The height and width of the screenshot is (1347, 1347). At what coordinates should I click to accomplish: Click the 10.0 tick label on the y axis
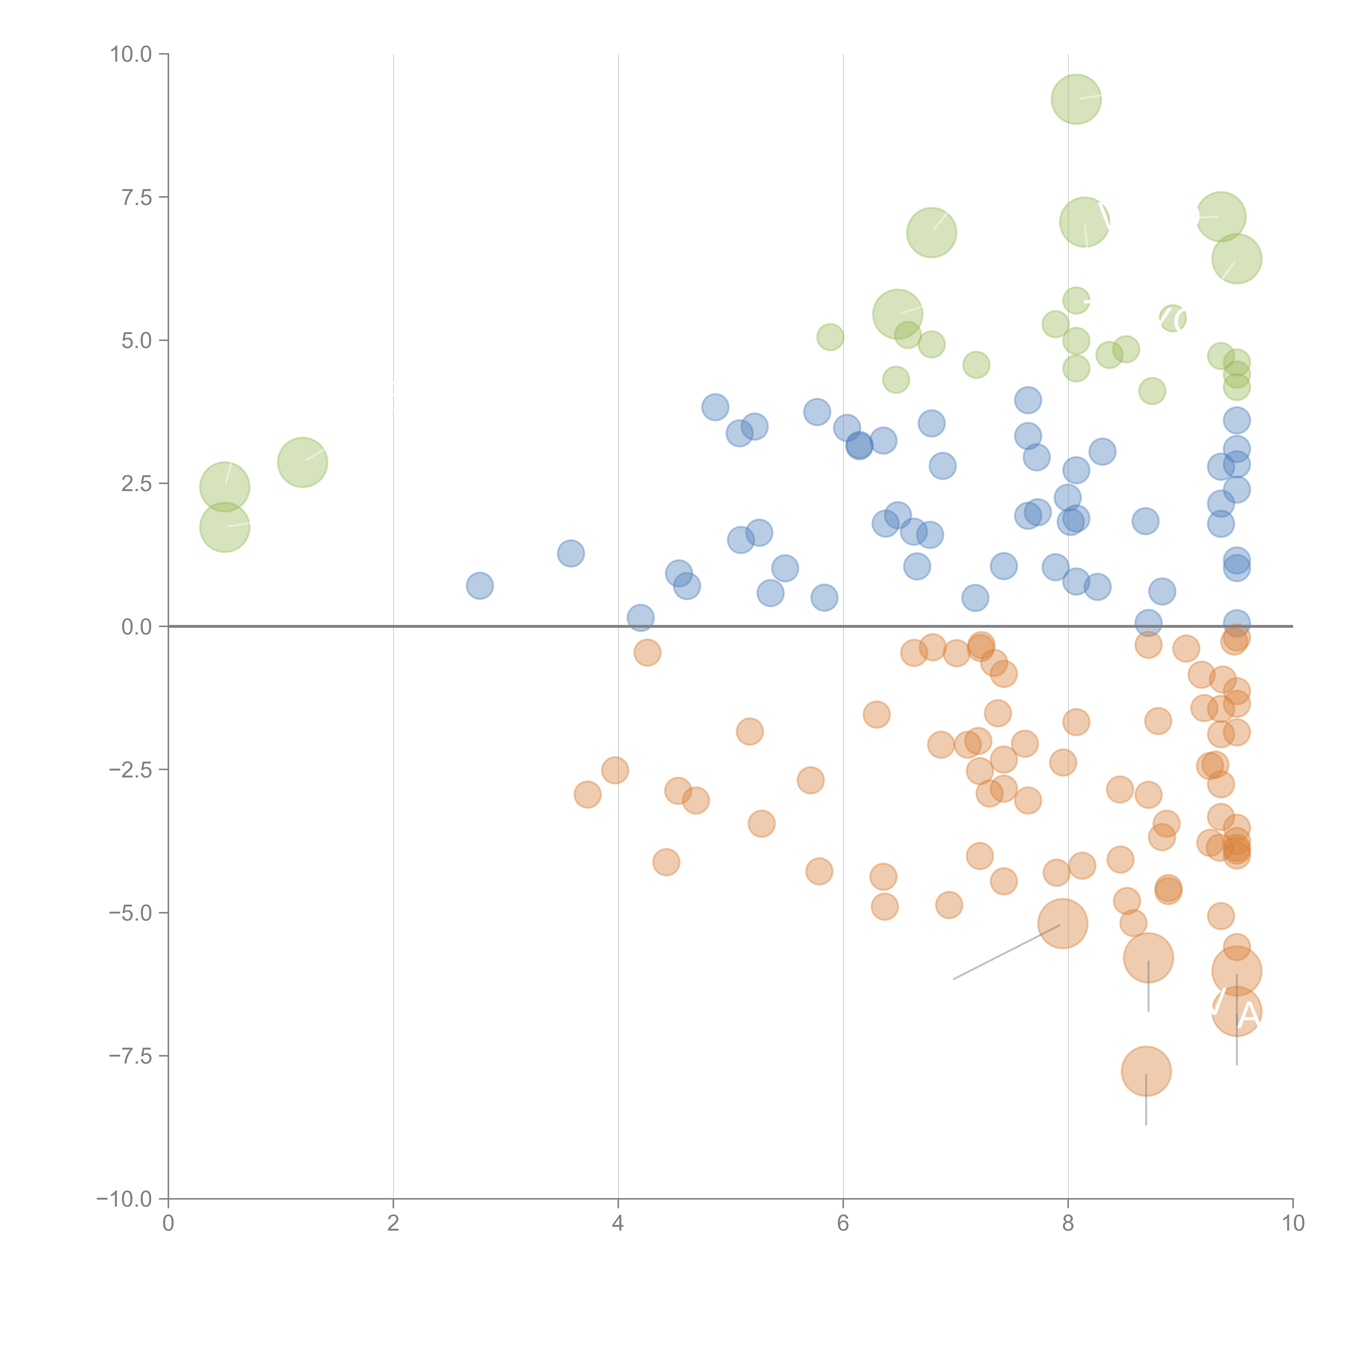pyautogui.click(x=131, y=54)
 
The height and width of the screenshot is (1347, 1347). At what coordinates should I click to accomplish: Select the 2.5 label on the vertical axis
pyautogui.click(x=137, y=484)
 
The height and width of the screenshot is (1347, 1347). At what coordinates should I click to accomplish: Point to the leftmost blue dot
pyautogui.click(x=480, y=586)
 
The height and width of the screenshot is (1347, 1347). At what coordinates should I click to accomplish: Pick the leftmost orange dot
pyautogui.click(x=588, y=794)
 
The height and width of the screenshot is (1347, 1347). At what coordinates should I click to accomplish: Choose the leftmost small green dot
pyautogui.click(x=830, y=338)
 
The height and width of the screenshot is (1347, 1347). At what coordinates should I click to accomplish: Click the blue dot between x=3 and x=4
pyautogui.click(x=570, y=554)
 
